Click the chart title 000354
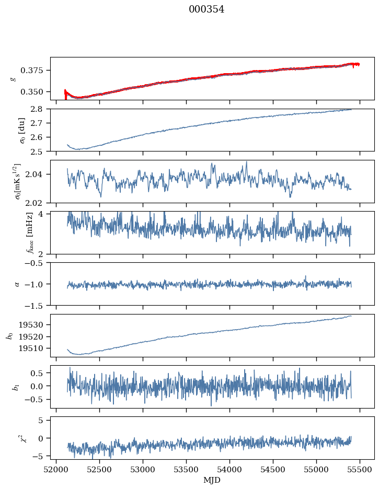206,9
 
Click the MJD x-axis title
212,480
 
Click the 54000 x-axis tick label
230,470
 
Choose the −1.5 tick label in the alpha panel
37,305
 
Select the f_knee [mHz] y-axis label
14,232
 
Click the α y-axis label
17,284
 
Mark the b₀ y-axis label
9,335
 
